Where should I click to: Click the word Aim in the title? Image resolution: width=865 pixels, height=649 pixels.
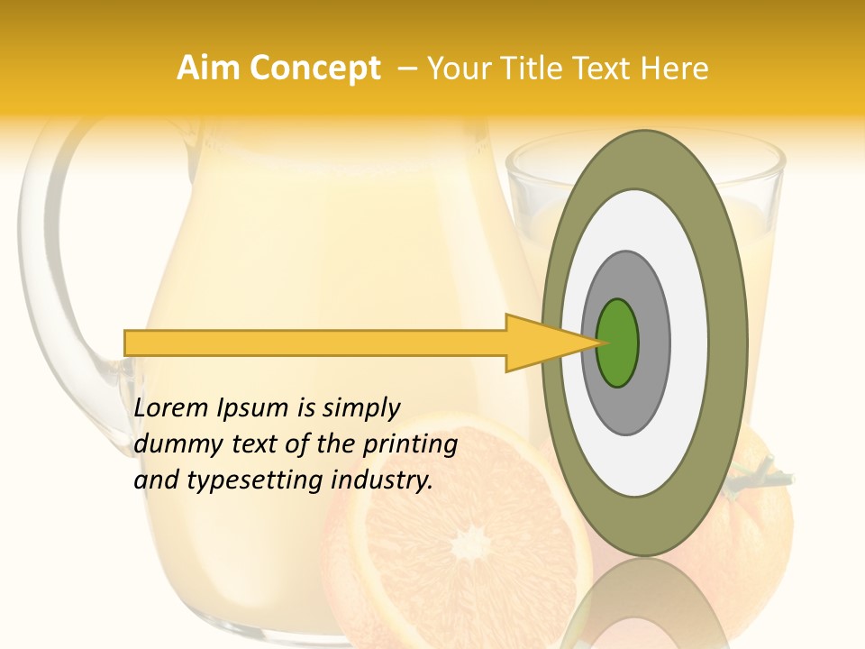[208, 69]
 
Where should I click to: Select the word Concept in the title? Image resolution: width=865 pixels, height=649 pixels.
[314, 69]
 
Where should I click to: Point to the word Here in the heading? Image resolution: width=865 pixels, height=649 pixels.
[675, 69]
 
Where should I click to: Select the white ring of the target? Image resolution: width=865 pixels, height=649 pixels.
[685, 343]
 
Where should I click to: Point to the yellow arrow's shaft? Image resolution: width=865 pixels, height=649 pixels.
[315, 343]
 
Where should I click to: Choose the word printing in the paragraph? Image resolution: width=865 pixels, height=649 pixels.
[409, 445]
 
